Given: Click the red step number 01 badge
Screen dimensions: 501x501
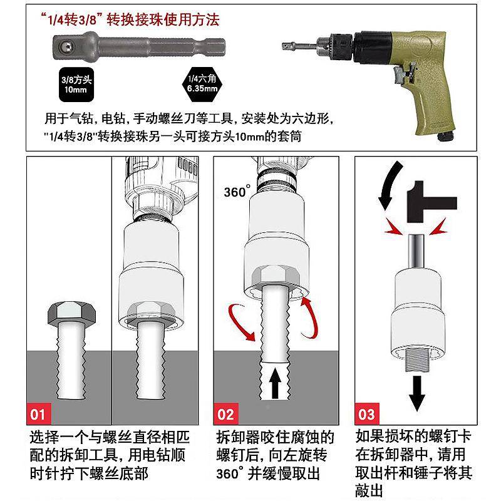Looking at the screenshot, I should click(x=38, y=414).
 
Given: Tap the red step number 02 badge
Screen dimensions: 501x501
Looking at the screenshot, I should click(x=225, y=414).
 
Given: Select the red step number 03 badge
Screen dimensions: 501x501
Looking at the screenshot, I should click(x=367, y=414).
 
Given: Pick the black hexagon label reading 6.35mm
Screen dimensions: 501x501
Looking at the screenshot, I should click(x=202, y=84).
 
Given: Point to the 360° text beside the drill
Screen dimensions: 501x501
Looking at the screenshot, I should click(x=237, y=192).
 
